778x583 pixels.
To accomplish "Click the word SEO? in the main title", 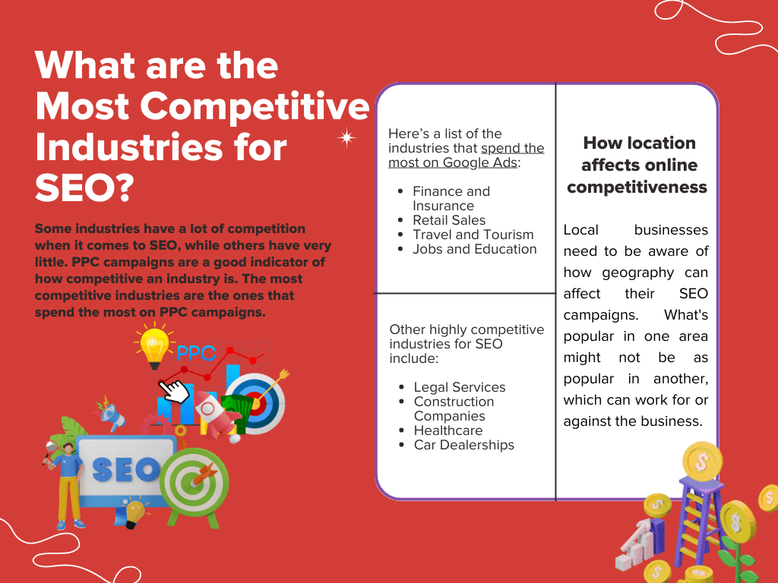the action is pos(84,188).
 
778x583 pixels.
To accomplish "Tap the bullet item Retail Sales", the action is pos(449,220).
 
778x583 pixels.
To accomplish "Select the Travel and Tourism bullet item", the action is pos(473,235).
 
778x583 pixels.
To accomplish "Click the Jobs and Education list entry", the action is pos(474,249).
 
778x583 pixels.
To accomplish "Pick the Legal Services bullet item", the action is pos(460,387).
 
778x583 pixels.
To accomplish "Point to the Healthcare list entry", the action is pos(448,430).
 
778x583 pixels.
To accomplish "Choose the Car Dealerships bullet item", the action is pos(464,445).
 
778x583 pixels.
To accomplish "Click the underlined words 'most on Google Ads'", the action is pos(453,162).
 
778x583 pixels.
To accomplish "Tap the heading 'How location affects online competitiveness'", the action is pos(637,165).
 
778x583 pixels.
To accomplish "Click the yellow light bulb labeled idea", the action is pos(153,345).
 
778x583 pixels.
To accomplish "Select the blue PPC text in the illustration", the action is pos(196,353).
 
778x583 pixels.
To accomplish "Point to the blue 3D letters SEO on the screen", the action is pos(126,469).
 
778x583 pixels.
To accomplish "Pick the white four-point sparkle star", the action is pos(346,137).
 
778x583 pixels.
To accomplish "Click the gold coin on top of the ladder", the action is pos(702,461).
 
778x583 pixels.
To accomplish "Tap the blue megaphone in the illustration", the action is pos(112,415).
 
